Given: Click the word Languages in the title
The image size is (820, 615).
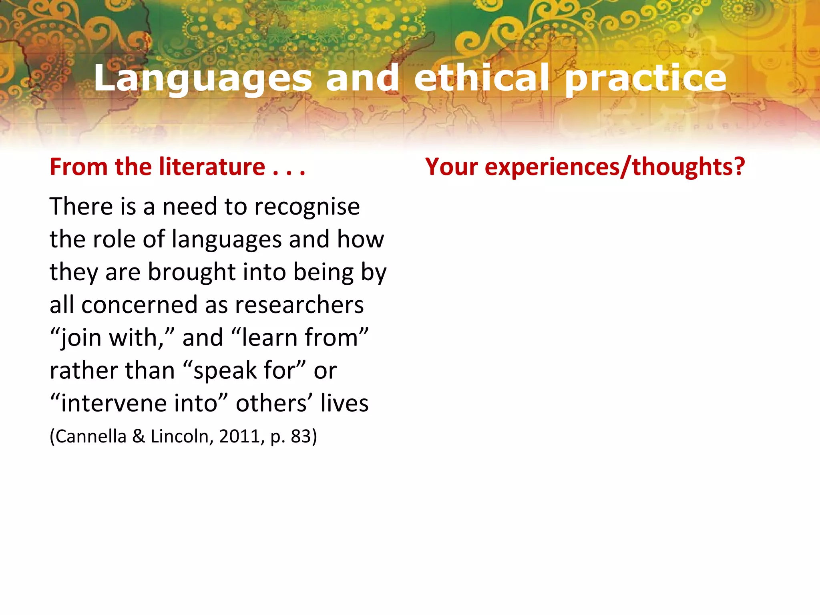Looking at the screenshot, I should pyautogui.click(x=203, y=78).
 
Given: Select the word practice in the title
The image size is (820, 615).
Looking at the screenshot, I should pyautogui.click(x=645, y=78).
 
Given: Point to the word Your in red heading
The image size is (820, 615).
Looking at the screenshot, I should pyautogui.click(x=451, y=167).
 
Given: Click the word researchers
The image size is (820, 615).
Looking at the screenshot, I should pyautogui.click(x=299, y=305).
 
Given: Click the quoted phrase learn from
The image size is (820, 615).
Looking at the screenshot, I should pyautogui.click(x=300, y=338).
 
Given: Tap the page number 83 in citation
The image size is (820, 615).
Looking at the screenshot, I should pyautogui.click(x=301, y=436).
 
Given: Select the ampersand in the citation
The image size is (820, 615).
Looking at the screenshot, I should pyautogui.click(x=139, y=436).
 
